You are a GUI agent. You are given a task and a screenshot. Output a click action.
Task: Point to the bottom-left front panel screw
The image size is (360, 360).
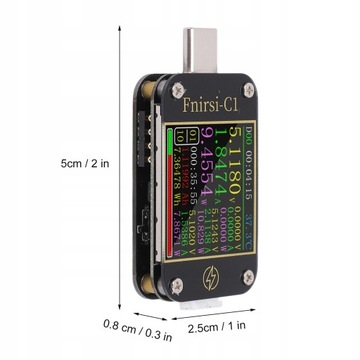pos(175,282)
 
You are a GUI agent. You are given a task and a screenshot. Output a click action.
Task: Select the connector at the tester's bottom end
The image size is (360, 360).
pos(210,303)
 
